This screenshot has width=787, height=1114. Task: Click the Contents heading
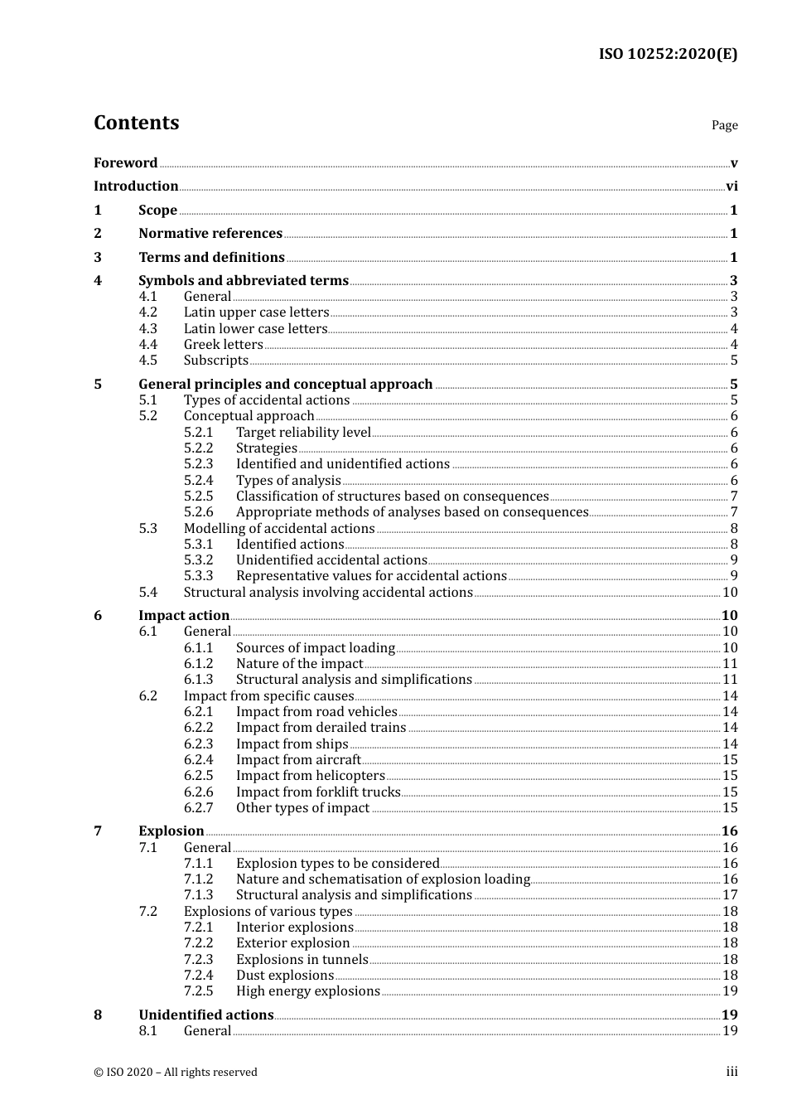pyautogui.click(x=136, y=123)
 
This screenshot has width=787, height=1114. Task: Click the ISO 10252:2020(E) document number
pyautogui.click(x=668, y=55)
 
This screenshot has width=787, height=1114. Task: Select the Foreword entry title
pyautogui.click(x=125, y=162)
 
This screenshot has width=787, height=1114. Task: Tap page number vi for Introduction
pyautogui.click(x=731, y=186)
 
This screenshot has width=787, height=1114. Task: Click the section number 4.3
pyautogui.click(x=147, y=328)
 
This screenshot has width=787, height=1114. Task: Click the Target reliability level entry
pyautogui.click(x=303, y=432)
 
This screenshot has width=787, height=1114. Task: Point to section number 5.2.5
pyautogui.click(x=198, y=496)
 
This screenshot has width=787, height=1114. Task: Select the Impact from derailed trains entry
pyautogui.click(x=321, y=727)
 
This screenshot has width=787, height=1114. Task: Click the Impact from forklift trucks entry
pyautogui.click(x=318, y=792)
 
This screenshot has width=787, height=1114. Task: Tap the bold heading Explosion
pyautogui.click(x=171, y=831)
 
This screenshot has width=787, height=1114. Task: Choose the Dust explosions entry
pyautogui.click(x=284, y=975)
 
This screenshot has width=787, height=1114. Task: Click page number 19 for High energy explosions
pyautogui.click(x=730, y=991)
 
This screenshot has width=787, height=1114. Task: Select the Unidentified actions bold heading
pyautogui.click(x=205, y=1015)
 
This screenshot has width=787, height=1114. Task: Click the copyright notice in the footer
pyautogui.click(x=176, y=1072)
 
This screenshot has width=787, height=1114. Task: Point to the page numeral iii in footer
pyautogui.click(x=731, y=1072)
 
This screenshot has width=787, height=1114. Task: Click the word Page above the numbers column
pyautogui.click(x=724, y=125)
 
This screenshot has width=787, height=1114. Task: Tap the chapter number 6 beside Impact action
pyautogui.click(x=98, y=615)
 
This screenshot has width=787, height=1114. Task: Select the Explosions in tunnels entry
pyautogui.click(x=302, y=959)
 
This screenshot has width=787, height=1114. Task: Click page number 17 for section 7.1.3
pyautogui.click(x=730, y=895)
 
